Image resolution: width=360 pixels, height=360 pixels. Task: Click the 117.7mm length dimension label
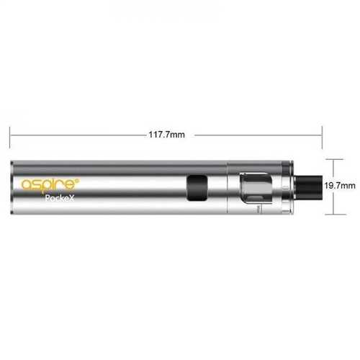(167, 135)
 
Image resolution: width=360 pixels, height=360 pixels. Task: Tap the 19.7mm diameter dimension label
(340, 186)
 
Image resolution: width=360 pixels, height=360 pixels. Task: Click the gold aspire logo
(50, 184)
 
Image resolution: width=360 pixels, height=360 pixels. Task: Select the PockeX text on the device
(60, 198)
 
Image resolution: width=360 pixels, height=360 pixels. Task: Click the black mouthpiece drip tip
(309, 187)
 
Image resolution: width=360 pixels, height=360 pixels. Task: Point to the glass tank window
(256, 188)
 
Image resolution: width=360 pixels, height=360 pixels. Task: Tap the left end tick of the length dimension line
(10, 138)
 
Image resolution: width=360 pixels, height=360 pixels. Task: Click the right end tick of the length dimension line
(322, 137)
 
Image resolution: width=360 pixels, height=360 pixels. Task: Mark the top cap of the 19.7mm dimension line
(333, 159)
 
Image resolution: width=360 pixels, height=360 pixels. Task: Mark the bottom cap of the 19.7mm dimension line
(336, 215)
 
